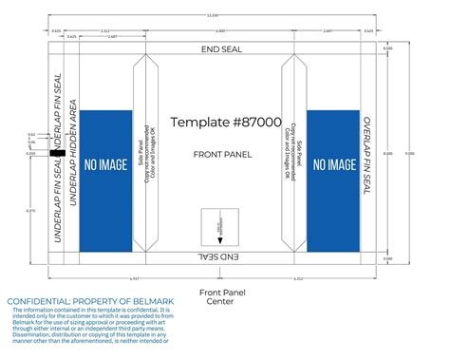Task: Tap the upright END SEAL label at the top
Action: point(219,49)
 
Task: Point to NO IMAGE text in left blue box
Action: point(105,164)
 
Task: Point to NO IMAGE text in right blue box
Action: point(333,164)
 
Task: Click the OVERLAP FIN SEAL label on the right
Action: point(366,158)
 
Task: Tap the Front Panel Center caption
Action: point(219,295)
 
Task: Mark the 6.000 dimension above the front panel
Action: point(220,31)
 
